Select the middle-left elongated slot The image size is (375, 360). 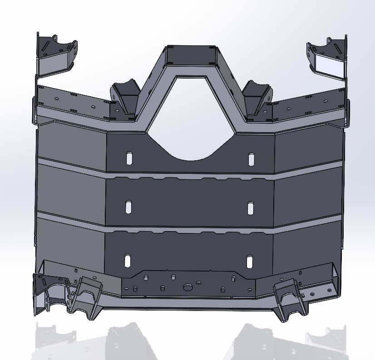(128, 207)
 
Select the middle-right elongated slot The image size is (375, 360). (250, 208)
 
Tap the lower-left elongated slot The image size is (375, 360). (128, 260)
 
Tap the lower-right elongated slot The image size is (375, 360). (249, 261)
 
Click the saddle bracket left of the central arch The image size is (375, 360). (125, 97)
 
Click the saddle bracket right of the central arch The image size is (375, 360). (257, 97)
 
